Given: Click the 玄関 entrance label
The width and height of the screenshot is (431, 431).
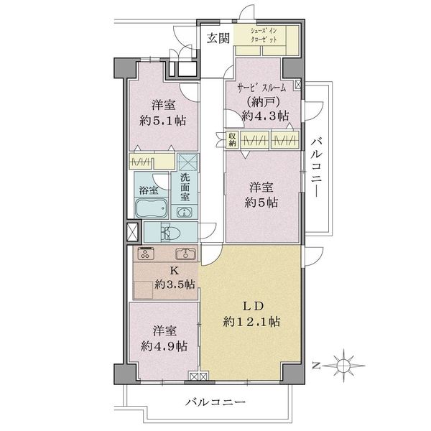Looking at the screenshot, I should (218, 39).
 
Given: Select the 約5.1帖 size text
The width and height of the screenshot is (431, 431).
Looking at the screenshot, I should (162, 120).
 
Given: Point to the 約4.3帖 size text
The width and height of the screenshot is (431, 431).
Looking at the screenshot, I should (266, 116).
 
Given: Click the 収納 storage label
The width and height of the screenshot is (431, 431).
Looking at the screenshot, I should (233, 139).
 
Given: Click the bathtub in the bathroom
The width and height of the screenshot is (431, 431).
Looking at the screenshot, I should (151, 210).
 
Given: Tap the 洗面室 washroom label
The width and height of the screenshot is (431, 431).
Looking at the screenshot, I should (185, 187).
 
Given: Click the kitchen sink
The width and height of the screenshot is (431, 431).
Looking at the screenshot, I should (186, 254).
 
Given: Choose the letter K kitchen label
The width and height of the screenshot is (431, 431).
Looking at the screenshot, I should (173, 271).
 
